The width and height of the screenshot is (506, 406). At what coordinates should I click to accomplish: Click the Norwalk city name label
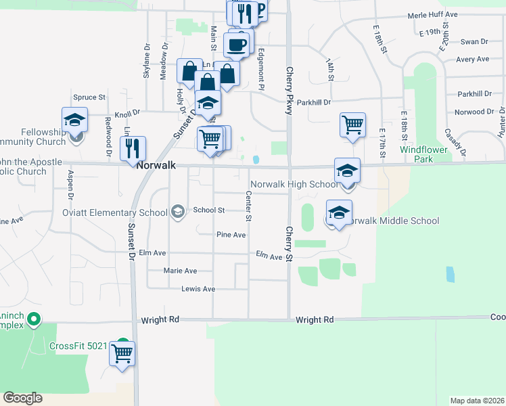(157, 165)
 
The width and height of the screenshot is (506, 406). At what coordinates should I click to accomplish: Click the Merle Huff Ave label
(432, 14)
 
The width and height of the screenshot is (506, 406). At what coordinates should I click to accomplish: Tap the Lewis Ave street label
(198, 289)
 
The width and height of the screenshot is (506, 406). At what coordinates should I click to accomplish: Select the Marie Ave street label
(180, 271)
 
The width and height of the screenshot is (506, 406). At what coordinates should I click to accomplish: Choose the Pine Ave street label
(231, 235)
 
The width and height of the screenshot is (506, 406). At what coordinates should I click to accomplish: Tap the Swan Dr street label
(474, 42)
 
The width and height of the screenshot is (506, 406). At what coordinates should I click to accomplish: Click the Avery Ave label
(472, 60)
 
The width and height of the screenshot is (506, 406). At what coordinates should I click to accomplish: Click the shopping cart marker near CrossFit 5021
(122, 353)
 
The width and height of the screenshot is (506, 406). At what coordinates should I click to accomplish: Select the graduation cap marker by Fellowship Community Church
(74, 120)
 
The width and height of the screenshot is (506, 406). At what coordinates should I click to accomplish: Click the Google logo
(22, 398)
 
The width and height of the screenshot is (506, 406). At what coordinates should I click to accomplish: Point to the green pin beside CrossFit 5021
(122, 343)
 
